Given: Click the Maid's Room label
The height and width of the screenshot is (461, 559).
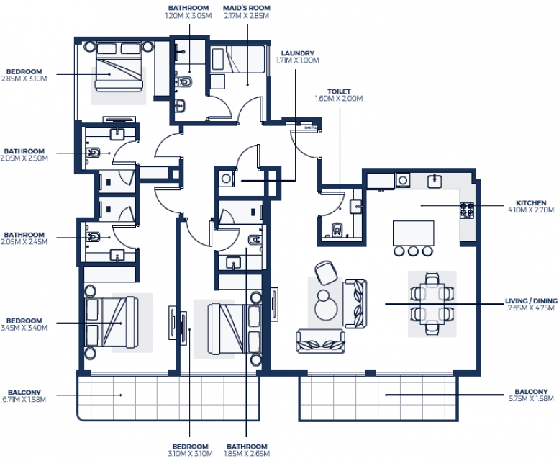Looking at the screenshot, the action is (247, 8).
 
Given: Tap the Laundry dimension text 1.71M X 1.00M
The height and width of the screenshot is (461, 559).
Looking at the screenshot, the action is (297, 61).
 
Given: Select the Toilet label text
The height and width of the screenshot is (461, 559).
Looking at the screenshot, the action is (339, 91).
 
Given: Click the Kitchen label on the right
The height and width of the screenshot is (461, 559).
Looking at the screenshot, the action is (531, 203).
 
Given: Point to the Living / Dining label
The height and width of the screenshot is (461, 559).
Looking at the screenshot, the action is (531, 301).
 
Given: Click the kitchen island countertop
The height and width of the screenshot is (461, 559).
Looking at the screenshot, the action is (413, 233).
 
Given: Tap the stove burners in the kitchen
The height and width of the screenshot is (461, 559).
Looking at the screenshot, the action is (467, 210).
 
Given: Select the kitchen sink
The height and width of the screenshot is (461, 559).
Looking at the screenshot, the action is (435, 181).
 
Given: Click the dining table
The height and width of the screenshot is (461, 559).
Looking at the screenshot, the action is (432, 304).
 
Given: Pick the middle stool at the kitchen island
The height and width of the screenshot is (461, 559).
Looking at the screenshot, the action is (413, 251).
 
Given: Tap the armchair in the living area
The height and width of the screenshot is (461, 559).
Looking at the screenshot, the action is (326, 272).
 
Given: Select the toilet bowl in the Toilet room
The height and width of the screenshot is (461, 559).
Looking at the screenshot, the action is (337, 230).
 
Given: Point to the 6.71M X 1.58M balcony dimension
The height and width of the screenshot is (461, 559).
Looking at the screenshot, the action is (24, 399).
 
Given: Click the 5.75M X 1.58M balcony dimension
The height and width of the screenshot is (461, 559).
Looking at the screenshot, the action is (531, 398).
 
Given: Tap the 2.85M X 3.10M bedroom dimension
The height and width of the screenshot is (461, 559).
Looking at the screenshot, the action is (24, 79).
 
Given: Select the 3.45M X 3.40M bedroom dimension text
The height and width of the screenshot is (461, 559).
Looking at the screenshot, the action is (24, 328).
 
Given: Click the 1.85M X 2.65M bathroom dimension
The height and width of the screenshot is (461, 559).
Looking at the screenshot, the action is (247, 454).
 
